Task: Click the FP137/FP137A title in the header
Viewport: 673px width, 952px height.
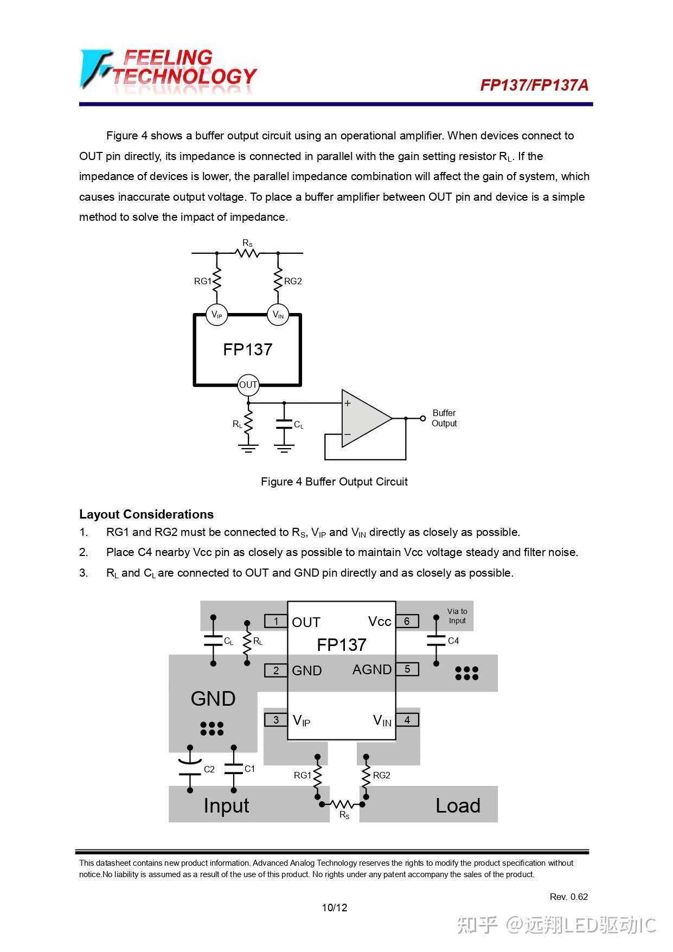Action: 534,85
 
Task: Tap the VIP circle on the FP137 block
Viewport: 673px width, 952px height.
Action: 216,315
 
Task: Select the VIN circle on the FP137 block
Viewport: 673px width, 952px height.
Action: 278,315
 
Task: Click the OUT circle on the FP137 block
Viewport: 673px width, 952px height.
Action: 248,385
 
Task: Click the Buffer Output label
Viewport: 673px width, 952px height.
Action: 444,418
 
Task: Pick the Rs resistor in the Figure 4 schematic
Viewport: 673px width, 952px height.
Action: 247,252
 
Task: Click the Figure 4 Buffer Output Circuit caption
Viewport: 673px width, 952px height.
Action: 334,482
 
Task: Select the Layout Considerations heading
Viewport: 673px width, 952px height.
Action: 146,514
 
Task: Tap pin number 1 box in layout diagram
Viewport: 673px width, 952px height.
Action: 276,621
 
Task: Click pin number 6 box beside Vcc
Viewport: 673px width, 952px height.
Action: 407,621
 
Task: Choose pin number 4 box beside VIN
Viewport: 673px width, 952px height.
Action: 407,720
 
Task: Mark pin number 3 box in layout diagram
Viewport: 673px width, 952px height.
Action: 276,720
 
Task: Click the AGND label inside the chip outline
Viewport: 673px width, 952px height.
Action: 371,670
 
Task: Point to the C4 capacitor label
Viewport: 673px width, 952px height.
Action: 453,641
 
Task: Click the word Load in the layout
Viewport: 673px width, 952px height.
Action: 458,806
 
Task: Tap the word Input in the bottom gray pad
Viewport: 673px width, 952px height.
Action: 226,806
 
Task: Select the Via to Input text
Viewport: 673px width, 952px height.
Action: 457,616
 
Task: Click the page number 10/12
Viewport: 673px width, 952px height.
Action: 335,908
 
